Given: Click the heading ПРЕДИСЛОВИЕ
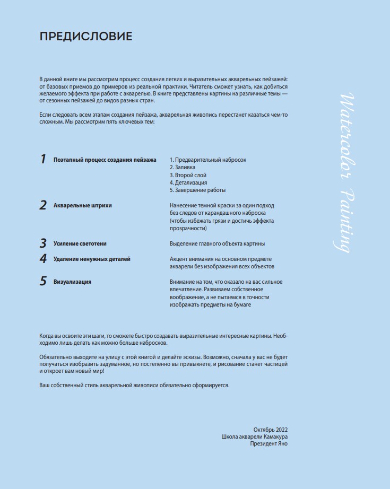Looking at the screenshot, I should tap(86, 37).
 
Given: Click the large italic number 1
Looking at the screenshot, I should tap(43, 159).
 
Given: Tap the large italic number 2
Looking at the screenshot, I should tap(43, 205).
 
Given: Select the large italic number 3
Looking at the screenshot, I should tap(43, 243).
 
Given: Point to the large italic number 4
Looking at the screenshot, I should tap(43, 259).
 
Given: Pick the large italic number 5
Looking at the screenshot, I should tap(43, 282).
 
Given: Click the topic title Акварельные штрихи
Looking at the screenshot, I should tap(83, 205).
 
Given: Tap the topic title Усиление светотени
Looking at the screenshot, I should tap(80, 243).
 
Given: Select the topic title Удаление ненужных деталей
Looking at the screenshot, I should tap(92, 259).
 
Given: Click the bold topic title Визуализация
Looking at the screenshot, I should tap(73, 282).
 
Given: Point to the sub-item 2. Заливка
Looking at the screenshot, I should tap(183, 167).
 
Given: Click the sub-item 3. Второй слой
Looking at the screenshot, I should tap(188, 175).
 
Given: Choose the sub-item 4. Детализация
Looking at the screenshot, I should tap(188, 182).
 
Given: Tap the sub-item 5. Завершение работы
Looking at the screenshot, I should tap(197, 190).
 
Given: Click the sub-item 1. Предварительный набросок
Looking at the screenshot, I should tap(208, 160).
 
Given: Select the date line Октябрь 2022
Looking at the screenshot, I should tap(271, 429).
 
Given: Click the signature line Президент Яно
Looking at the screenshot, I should tap(269, 444).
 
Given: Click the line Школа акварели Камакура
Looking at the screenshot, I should tap(255, 436).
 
